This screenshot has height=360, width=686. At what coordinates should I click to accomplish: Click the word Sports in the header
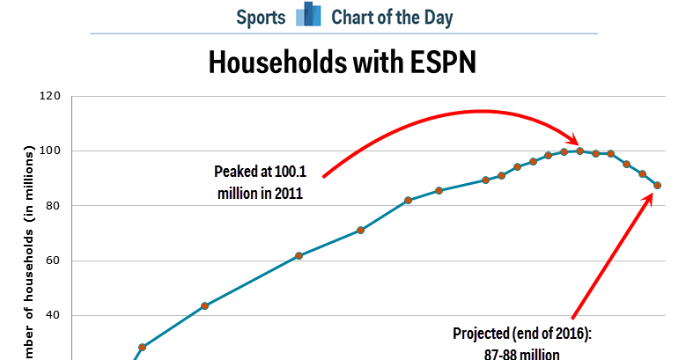point(262,17)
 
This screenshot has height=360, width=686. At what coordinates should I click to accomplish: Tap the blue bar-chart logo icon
point(308,16)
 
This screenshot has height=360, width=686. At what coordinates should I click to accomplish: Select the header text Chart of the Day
point(392,17)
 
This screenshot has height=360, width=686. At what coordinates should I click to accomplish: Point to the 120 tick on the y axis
point(49,96)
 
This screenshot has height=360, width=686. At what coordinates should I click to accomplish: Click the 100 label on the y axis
point(49,151)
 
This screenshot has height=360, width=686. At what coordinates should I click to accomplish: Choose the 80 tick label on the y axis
point(53,206)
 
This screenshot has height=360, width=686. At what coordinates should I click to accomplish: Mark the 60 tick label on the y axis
point(53,261)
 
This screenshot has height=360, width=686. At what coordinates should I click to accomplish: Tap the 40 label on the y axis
point(53,315)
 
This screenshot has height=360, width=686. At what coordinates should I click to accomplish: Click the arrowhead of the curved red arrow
point(575,142)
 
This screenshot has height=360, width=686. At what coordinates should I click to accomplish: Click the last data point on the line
point(657,185)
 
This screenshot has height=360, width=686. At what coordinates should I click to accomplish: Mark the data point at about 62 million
point(299,255)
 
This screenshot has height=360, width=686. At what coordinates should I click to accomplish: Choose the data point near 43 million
point(204,305)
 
